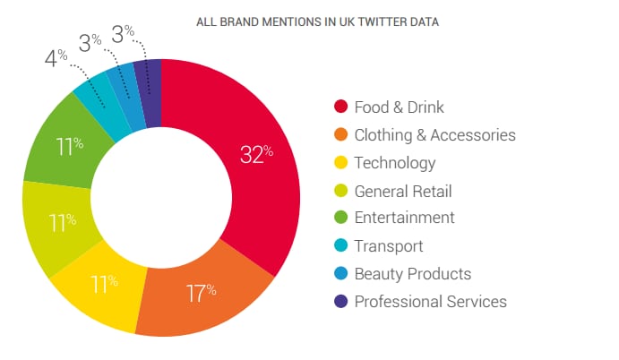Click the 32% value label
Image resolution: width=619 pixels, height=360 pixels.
pos(256,153)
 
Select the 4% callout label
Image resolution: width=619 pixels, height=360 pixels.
pos(56,59)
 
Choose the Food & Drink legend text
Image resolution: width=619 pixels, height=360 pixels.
pos(399,107)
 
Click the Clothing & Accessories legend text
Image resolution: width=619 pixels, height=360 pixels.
pos(434,135)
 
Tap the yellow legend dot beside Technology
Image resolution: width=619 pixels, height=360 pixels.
pos(340,163)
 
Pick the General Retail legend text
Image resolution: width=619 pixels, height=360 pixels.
pos(402,191)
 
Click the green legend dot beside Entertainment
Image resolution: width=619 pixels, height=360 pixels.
pos(340,219)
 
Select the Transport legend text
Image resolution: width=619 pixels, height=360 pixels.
pos(388,246)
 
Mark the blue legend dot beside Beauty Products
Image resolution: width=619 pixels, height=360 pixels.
pos(340,274)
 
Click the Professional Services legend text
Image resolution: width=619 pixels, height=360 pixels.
pos(430,302)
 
